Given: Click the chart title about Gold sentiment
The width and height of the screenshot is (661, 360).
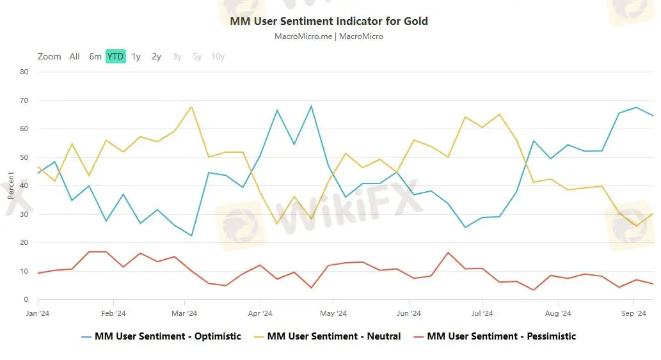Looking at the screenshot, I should click(329, 21).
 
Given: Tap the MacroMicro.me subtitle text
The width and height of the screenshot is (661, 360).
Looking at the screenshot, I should click(329, 36).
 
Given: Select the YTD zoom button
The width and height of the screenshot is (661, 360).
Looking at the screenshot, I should click(115, 56).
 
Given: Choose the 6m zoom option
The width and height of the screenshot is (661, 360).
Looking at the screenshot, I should click(95, 56).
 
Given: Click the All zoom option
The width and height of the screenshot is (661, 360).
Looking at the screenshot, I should click(75, 56).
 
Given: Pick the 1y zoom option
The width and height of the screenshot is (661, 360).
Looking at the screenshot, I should click(136, 56).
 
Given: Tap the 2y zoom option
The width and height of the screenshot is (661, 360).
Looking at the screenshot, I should click(156, 56).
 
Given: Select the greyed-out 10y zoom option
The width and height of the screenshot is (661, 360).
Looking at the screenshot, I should click(218, 56).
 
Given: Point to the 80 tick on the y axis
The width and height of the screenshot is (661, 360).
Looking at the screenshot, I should click(24, 72).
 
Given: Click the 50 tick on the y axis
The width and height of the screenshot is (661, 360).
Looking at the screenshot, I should click(24, 157).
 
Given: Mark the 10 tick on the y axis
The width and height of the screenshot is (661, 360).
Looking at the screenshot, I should click(24, 271).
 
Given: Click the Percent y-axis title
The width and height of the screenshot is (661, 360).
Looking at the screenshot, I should click(11, 185).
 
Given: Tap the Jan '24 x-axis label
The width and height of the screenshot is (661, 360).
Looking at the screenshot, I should click(38, 313).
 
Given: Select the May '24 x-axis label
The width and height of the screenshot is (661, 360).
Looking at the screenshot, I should click(333, 313).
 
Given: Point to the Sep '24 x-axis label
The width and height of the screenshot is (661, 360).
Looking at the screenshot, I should click(633, 313).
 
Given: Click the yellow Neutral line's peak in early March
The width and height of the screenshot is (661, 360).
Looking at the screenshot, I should click(191, 107).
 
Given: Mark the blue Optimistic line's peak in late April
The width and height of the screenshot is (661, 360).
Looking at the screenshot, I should click(311, 106).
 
